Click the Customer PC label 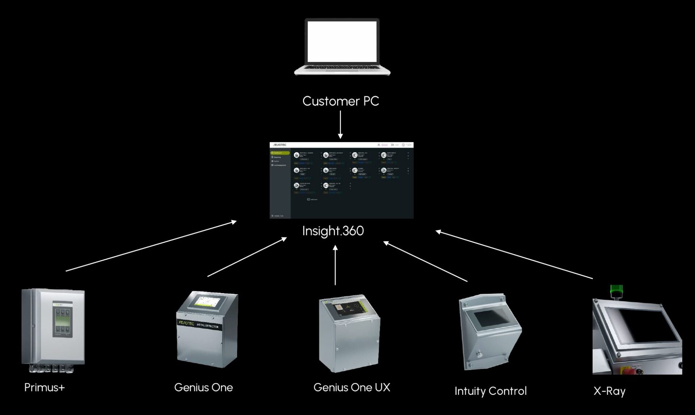(341, 101)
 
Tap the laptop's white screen (342, 41)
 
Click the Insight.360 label (333, 231)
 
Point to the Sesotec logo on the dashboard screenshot (280, 145)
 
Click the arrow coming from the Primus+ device (151, 246)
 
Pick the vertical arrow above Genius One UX (335, 265)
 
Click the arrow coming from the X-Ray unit (514, 255)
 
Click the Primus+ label (45, 388)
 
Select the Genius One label (203, 388)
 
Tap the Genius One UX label (352, 388)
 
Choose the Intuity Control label (490, 391)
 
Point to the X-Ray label (610, 391)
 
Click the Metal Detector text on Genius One (208, 325)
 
